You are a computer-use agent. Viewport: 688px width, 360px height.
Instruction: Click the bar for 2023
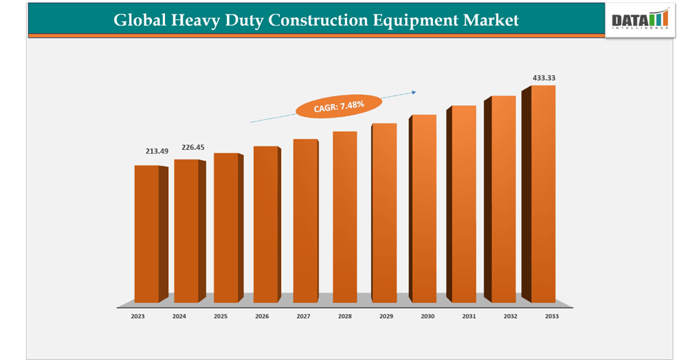(x=146, y=234)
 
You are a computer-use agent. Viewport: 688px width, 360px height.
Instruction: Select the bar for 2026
(x=265, y=224)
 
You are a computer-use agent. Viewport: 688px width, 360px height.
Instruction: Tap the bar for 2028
(x=344, y=216)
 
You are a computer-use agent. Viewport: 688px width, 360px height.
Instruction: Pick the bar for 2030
(x=424, y=208)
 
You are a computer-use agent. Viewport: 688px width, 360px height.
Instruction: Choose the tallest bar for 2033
(x=543, y=194)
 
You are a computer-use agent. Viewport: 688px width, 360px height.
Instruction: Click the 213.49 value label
(x=157, y=151)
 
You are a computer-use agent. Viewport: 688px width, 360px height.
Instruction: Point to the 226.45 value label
(x=192, y=147)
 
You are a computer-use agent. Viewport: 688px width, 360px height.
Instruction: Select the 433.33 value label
(x=544, y=78)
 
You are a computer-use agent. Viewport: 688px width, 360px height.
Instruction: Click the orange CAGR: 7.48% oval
(x=339, y=106)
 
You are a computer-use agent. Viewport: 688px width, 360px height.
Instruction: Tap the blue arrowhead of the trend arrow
(x=414, y=91)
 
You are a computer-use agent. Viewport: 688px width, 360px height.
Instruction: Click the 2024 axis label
(x=179, y=317)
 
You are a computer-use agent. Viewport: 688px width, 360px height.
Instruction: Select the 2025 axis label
(x=221, y=317)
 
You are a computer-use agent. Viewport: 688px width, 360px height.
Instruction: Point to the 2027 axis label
(x=303, y=317)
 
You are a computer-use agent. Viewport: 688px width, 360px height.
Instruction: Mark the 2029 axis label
(x=386, y=317)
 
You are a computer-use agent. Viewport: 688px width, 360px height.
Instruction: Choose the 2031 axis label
(x=468, y=317)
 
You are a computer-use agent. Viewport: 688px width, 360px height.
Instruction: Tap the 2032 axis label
(x=510, y=317)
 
